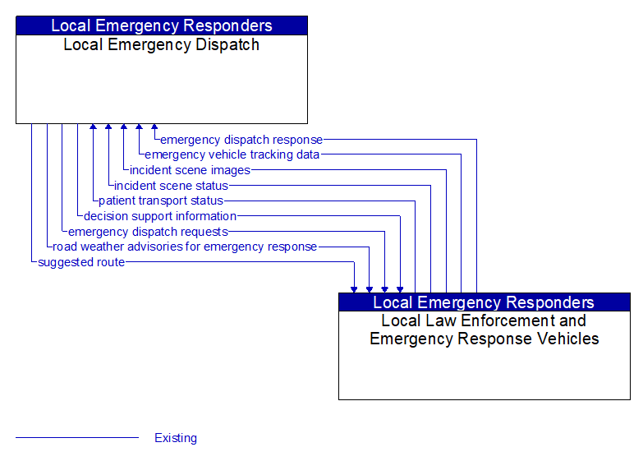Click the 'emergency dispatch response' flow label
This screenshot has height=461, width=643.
pos(241,140)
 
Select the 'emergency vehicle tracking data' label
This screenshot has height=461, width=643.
pos(232,154)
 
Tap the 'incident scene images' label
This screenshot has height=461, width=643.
pos(190,170)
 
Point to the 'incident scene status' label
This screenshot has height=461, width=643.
pos(171,186)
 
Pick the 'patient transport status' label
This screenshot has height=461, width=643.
pos(161,201)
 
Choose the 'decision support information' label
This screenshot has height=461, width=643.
pos(160,216)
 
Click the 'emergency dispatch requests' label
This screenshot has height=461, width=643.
pos(148,232)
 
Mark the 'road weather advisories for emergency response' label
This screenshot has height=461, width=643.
pos(185,247)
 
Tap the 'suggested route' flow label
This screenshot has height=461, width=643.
pos(81,262)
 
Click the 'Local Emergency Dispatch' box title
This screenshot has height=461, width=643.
pos(161,45)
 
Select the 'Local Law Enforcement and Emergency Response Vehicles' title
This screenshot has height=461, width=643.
pos(485,330)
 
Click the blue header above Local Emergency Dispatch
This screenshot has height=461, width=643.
pos(161,25)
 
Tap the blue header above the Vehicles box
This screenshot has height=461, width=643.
pos(485,302)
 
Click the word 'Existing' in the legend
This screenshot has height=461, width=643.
pos(176,438)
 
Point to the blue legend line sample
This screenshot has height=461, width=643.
pos(77,438)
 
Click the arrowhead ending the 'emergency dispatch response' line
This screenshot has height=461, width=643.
pos(154,128)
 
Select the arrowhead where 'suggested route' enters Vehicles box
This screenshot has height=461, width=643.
pos(354,288)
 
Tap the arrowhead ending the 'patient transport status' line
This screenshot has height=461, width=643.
pos(93,128)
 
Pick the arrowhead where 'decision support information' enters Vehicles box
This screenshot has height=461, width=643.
pos(400,288)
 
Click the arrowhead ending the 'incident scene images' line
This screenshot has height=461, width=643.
pos(123,128)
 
